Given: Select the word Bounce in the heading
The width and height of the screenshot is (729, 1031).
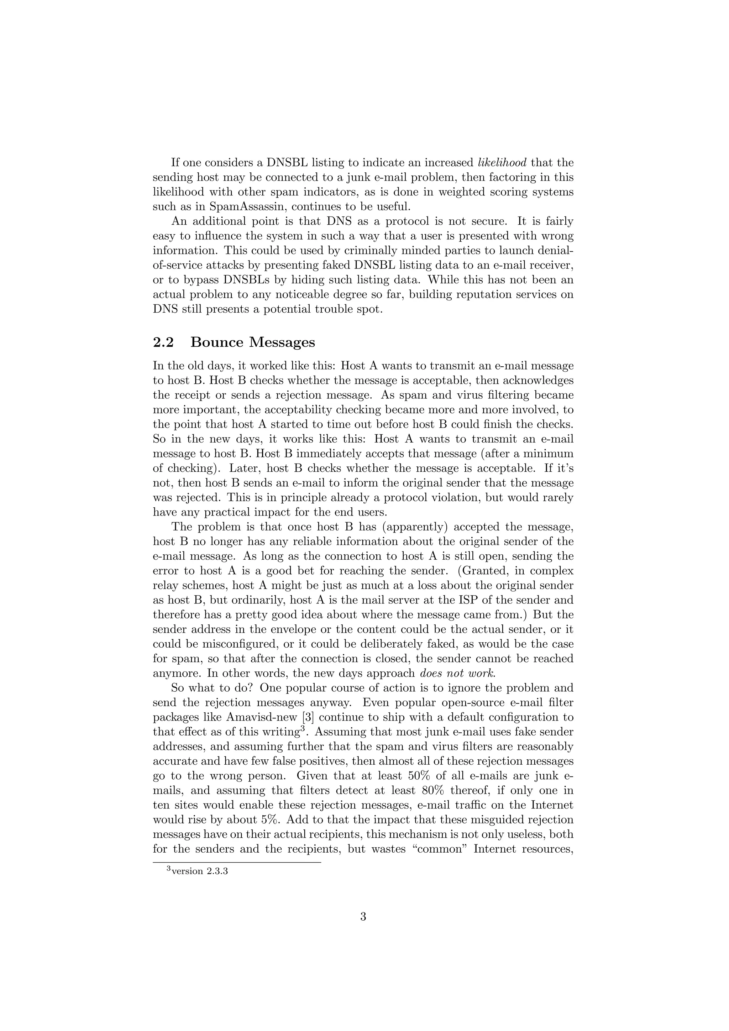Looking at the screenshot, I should (217, 342).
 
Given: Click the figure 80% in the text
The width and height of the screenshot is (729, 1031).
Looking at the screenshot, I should (435, 790).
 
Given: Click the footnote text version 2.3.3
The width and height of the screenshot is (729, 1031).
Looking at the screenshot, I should (198, 871).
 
